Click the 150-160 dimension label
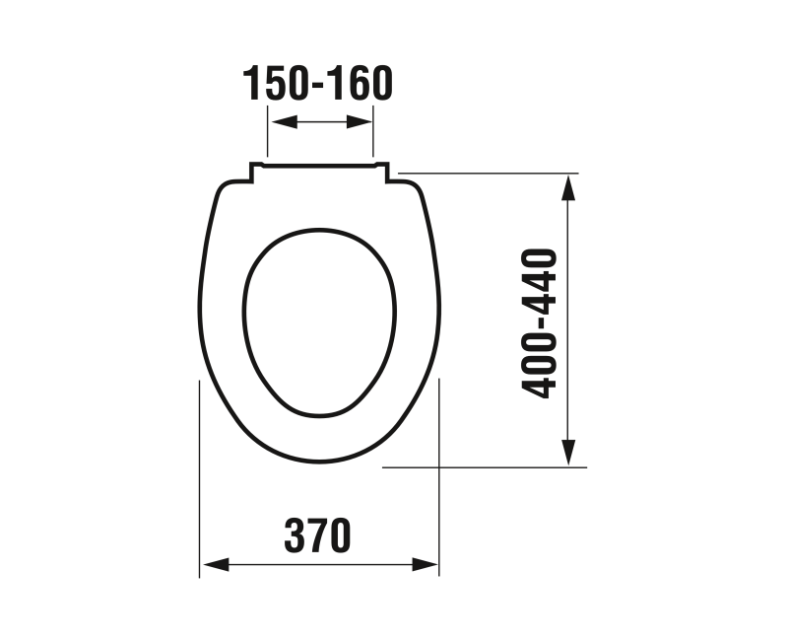(x=317, y=83)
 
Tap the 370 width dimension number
(x=317, y=535)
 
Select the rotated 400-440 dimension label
(x=540, y=323)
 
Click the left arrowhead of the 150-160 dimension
(x=284, y=121)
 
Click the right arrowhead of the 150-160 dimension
(x=360, y=121)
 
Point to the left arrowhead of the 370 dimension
(x=216, y=564)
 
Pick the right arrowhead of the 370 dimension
(x=426, y=564)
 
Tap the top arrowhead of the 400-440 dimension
(x=568, y=188)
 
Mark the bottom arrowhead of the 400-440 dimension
(x=568, y=453)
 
